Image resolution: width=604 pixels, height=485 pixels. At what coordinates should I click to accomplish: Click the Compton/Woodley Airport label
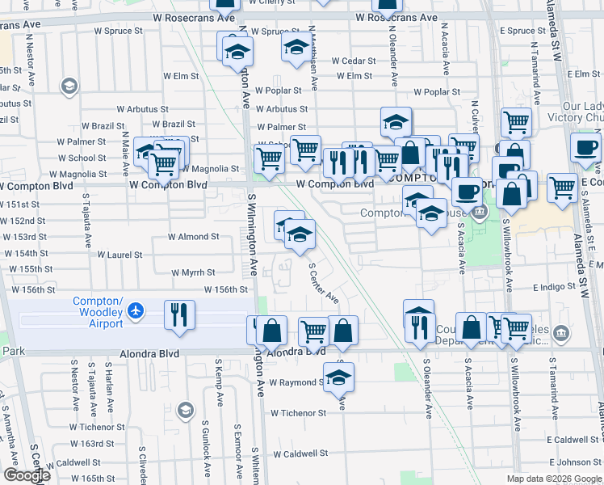tap(98, 312)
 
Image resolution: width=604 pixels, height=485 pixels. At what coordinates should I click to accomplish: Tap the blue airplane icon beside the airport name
tap(136, 310)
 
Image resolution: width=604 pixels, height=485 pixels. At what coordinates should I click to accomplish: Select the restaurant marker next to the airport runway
tap(179, 315)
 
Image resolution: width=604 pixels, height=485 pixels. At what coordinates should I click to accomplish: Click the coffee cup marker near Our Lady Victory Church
tap(585, 148)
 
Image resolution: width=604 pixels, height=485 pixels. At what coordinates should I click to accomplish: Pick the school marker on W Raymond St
tap(339, 377)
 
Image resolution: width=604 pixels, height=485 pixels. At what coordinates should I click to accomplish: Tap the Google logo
tap(27, 475)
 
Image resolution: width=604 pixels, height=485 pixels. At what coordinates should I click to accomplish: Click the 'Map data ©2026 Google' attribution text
tap(553, 479)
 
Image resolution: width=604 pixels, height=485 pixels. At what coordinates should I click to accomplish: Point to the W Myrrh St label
tap(193, 273)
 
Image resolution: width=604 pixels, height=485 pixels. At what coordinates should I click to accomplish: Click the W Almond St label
tap(193, 237)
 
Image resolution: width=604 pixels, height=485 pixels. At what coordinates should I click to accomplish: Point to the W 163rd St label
tap(91, 444)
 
